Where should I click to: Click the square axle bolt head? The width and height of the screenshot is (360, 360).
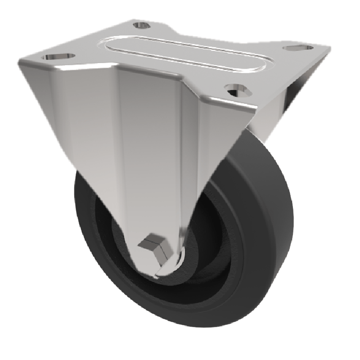[x=152, y=243]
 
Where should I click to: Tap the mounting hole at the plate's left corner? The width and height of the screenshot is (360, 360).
[x=59, y=57]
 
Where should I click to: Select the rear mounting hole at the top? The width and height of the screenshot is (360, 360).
[x=142, y=25]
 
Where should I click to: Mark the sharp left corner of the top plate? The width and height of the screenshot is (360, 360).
[x=19, y=61]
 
